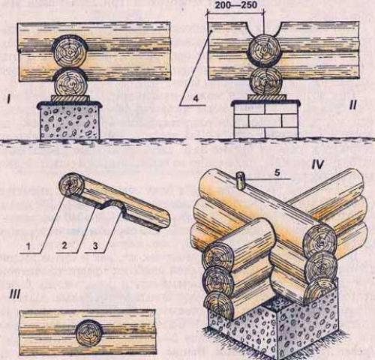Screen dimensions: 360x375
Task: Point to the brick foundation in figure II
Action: tap(265, 121)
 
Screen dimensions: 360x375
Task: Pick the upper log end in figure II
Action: tap(264, 50)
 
